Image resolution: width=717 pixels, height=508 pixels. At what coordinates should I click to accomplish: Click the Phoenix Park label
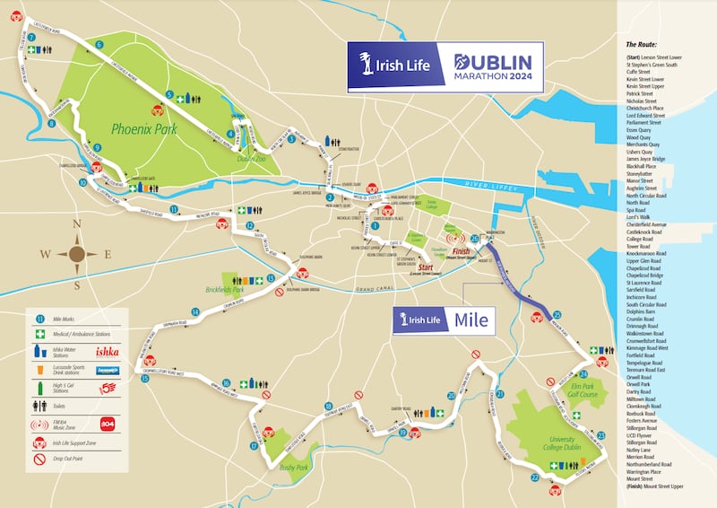click(144, 129)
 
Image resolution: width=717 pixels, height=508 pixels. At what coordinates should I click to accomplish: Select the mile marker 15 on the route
click(145, 379)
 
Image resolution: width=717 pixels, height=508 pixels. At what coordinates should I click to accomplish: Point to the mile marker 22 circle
click(535, 478)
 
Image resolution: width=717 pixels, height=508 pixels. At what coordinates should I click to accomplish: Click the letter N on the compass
click(76, 226)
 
